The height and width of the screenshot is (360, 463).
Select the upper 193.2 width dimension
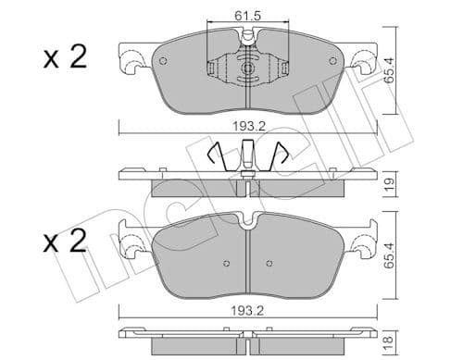click(246, 123)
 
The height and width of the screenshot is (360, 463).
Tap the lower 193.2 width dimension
click(246, 311)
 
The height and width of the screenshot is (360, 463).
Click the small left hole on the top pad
click(163, 62)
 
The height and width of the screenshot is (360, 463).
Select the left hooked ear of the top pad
click(131, 64)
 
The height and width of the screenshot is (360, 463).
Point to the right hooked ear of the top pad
click(361, 64)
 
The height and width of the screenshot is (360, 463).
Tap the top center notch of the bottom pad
click(246, 221)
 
